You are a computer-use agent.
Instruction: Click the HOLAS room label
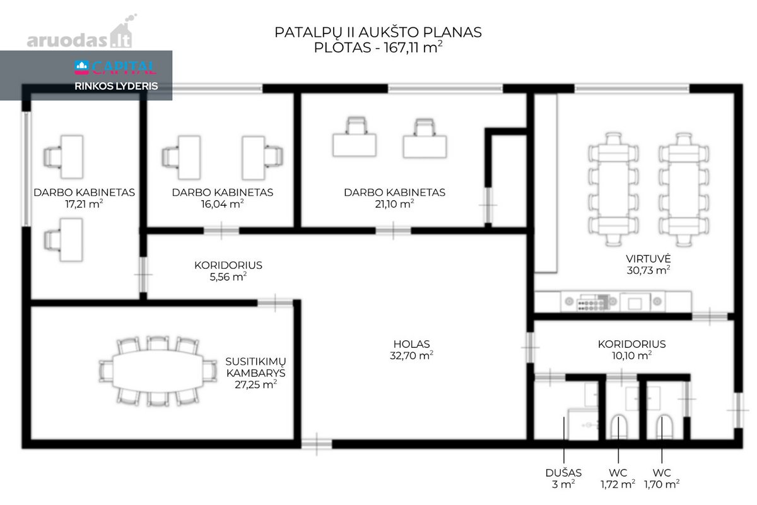[x=411, y=344]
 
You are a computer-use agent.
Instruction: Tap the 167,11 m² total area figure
[x=413, y=47]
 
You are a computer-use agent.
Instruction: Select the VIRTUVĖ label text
[x=648, y=258]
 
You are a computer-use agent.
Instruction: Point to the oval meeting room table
[x=158, y=371]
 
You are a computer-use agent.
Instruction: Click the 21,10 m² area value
[x=394, y=204]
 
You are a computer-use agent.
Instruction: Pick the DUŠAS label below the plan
[x=563, y=473]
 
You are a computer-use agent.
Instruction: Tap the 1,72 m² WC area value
[x=618, y=484]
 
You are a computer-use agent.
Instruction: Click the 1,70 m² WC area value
[x=662, y=484]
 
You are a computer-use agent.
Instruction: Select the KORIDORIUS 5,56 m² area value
[x=228, y=276]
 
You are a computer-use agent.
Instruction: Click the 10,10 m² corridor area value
[x=631, y=355]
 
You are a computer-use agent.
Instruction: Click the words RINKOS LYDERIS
[x=116, y=86]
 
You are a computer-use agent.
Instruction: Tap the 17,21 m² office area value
[x=84, y=204]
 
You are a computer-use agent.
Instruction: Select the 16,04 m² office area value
[x=222, y=204]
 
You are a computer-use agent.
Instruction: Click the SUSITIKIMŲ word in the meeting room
[x=255, y=361]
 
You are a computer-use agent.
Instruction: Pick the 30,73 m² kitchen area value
[x=648, y=270]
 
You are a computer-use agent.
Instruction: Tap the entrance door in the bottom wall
[x=316, y=444]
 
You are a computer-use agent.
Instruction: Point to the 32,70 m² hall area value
[x=411, y=355]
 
